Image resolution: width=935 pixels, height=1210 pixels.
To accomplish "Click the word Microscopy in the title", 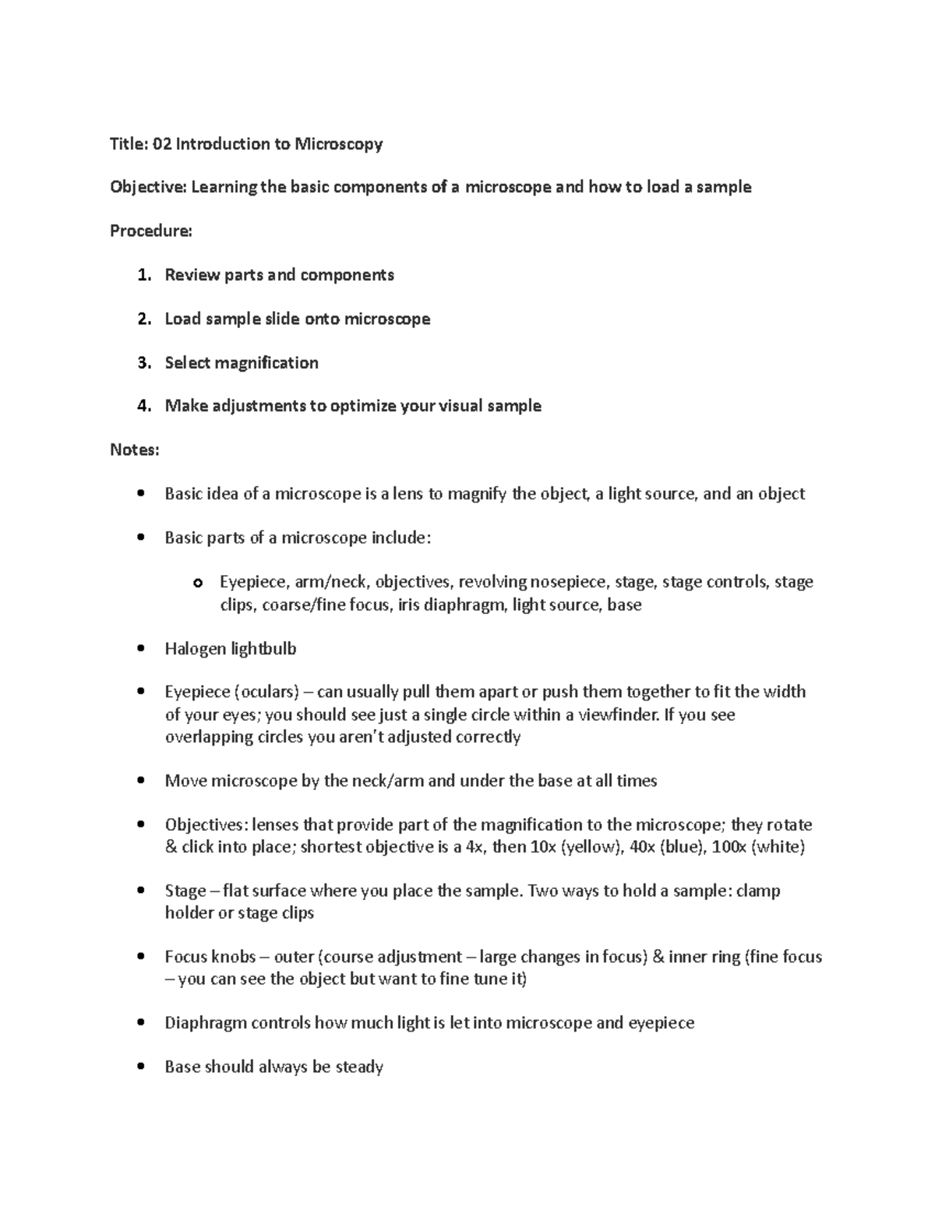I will pyautogui.click(x=337, y=144).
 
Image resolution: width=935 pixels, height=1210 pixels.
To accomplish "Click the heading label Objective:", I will pyautogui.click(x=148, y=188).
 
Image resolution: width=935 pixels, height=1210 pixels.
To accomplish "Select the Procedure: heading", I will pyautogui.click(x=150, y=231).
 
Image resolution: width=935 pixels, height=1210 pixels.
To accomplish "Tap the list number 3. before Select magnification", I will pyautogui.click(x=143, y=363).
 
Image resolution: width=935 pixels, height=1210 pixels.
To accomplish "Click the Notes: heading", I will pyautogui.click(x=134, y=450).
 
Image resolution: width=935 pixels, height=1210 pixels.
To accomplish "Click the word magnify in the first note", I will pyautogui.click(x=477, y=494).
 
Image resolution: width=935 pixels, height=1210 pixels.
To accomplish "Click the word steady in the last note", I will pyautogui.click(x=359, y=1067).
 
